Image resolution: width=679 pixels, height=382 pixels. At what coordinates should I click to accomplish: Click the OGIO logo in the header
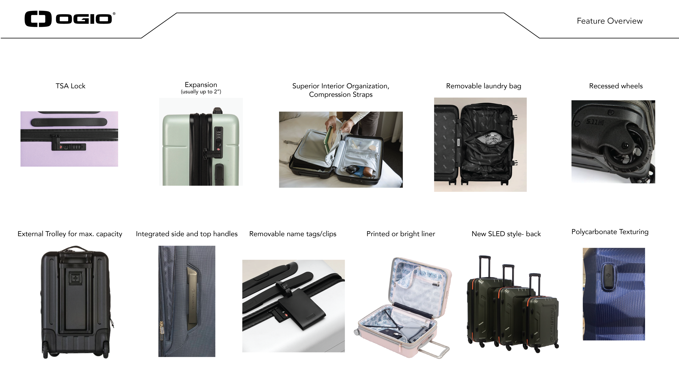(x=70, y=19)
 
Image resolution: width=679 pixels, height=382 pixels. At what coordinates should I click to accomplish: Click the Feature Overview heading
(x=609, y=21)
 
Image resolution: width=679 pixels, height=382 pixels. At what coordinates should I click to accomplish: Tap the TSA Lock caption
(x=70, y=86)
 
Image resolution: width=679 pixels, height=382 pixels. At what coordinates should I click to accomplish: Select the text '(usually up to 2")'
(x=201, y=92)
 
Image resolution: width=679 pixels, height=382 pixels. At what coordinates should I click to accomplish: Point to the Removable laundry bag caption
(x=483, y=86)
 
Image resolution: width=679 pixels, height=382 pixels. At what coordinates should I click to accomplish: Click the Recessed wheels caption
(x=616, y=86)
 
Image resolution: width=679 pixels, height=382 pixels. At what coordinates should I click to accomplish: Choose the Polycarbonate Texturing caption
(x=610, y=232)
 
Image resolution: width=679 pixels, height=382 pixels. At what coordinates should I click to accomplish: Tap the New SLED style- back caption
(x=506, y=234)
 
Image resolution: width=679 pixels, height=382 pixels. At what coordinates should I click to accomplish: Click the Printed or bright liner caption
(x=401, y=234)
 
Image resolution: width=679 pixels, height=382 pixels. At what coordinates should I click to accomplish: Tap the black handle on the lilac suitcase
(x=69, y=122)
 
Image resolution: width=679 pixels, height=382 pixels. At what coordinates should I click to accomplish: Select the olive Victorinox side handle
(x=192, y=299)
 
